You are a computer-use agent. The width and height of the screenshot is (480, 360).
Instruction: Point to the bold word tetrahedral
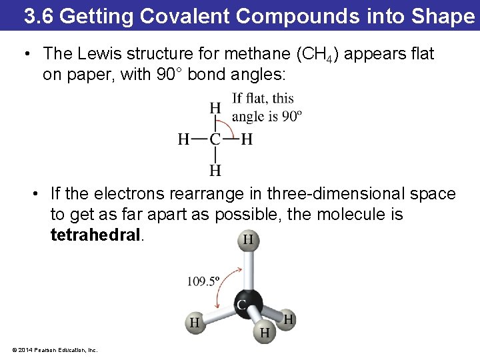(x=96, y=235)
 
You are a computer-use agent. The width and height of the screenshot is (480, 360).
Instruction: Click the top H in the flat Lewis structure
(x=215, y=108)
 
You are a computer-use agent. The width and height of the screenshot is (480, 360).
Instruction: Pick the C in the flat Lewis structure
(x=215, y=139)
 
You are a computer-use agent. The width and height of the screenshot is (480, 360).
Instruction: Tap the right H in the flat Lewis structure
(x=247, y=139)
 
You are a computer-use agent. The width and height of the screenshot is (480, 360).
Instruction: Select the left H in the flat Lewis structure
(x=184, y=139)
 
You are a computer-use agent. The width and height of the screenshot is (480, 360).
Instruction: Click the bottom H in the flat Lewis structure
(x=215, y=171)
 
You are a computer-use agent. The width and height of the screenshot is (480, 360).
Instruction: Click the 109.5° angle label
(x=203, y=281)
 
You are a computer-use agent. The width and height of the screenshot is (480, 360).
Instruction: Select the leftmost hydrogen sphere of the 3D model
(x=194, y=323)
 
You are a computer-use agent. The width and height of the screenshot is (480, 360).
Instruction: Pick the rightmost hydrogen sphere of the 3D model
(x=288, y=319)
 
